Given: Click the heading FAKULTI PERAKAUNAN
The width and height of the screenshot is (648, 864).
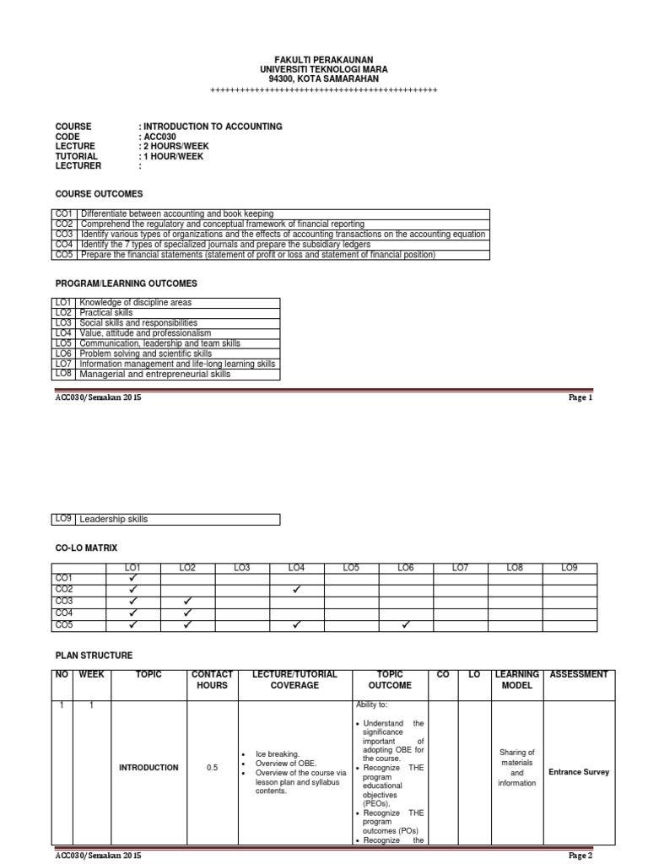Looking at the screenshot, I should [323, 58].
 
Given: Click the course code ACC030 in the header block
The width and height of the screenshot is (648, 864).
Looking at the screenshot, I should [160, 137].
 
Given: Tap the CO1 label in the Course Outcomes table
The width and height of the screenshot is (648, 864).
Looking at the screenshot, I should [64, 214].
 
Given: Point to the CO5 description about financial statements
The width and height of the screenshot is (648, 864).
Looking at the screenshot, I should [256, 255].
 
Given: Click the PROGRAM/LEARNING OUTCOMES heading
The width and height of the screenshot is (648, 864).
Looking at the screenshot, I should [126, 283].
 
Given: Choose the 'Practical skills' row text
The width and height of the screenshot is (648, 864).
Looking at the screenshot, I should [105, 313].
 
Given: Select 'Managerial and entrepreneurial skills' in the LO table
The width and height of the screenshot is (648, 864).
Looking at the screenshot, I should [154, 374].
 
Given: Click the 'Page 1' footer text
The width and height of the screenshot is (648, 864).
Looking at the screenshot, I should [581, 397].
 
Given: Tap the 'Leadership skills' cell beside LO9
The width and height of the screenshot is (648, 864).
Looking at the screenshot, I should [113, 519].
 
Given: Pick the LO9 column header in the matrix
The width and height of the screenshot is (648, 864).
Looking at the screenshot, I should [569, 569].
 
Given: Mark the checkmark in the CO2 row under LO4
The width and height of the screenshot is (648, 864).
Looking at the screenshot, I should [296, 590].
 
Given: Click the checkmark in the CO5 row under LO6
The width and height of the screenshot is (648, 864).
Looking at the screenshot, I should [406, 625].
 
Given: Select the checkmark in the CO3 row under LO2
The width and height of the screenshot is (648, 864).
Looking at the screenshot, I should [186, 602].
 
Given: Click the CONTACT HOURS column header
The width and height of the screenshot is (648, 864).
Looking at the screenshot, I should [211, 680].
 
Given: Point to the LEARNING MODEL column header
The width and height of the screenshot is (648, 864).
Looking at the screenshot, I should [516, 680].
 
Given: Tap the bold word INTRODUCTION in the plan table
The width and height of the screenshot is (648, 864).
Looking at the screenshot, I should [148, 768].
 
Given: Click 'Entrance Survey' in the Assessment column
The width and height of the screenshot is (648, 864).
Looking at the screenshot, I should [579, 772].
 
